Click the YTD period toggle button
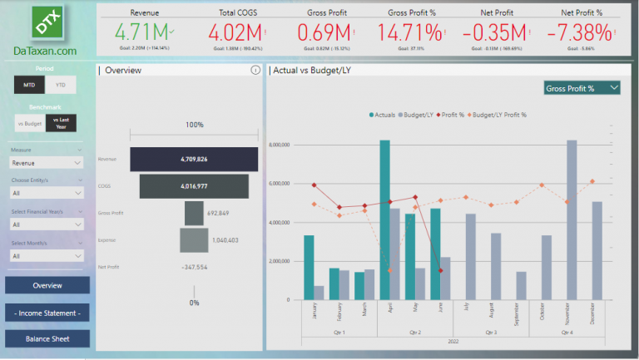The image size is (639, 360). [60, 84]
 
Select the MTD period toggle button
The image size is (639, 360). [29, 84]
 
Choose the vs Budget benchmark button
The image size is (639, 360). [29, 123]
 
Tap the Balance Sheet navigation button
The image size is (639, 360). [47, 338]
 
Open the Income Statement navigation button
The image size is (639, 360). [47, 313]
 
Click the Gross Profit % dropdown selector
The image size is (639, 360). [582, 88]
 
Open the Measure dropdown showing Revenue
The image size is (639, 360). [47, 164]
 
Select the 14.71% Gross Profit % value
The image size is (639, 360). [409, 33]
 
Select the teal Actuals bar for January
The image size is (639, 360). [309, 267]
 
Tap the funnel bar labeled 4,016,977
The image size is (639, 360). [194, 187]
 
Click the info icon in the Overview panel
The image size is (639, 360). [255, 71]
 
